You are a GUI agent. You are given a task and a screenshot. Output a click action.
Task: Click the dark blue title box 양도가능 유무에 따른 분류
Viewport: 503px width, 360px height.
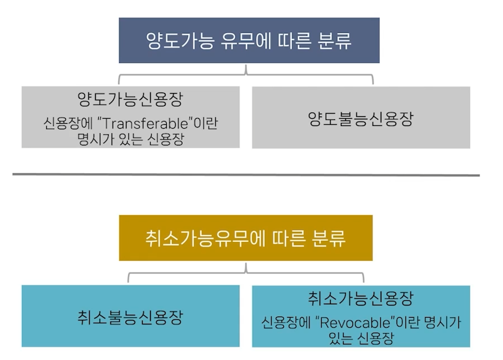249,40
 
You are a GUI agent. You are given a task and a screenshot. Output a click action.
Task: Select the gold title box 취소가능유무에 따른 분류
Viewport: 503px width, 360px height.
245,238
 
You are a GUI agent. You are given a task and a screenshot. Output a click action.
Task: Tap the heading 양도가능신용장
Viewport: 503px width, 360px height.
130,100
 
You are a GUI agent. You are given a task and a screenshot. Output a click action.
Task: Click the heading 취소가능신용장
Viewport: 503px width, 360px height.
360,299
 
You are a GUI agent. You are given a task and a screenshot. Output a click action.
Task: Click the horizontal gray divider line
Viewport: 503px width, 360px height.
245,176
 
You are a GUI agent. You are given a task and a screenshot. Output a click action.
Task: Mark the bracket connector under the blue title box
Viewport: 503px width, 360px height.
246,74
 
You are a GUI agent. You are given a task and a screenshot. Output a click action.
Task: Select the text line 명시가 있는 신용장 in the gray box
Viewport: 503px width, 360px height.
130,139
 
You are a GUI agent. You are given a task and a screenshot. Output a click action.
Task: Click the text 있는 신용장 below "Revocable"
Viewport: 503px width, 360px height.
360,338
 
